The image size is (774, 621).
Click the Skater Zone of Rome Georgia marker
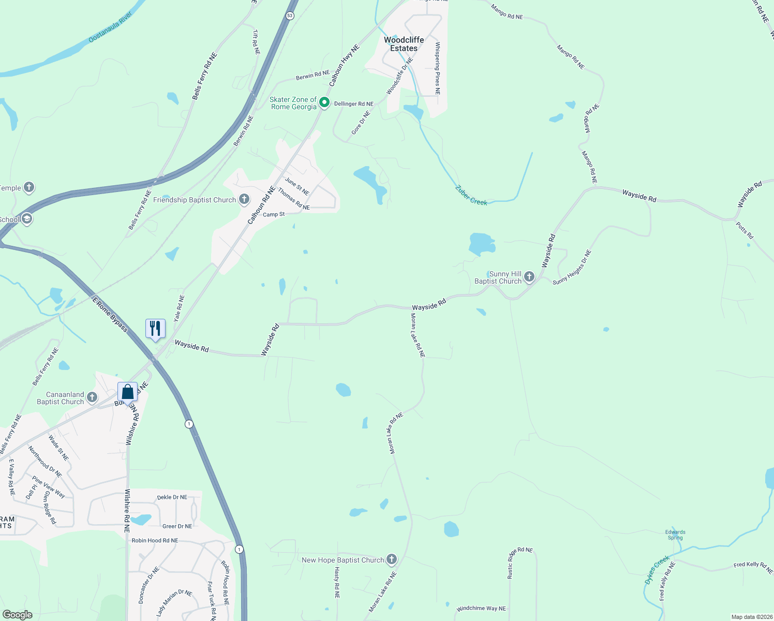click(x=324, y=102)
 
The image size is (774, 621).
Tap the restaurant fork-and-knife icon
click(x=155, y=328)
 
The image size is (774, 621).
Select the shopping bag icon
click(x=128, y=392)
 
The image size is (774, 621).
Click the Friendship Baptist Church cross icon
click(x=244, y=199)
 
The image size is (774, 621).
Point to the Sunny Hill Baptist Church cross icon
click(x=529, y=277)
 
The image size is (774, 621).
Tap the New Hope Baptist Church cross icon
click(x=392, y=559)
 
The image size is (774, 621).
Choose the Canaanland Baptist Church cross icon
click(x=92, y=397)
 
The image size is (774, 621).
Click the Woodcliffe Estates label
click(x=404, y=44)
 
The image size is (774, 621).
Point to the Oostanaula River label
click(x=110, y=27)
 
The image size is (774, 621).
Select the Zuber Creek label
click(x=471, y=195)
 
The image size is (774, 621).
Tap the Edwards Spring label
click(x=675, y=535)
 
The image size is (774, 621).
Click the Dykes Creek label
click(x=657, y=570)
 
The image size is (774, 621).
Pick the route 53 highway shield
click(x=290, y=16)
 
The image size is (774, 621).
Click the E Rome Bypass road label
click(x=110, y=314)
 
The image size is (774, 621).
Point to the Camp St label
click(x=274, y=214)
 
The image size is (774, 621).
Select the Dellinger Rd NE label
click(x=353, y=104)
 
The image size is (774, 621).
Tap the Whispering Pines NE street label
click(x=437, y=68)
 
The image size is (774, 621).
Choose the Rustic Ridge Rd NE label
click(x=519, y=563)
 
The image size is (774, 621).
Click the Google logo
click(x=17, y=615)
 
